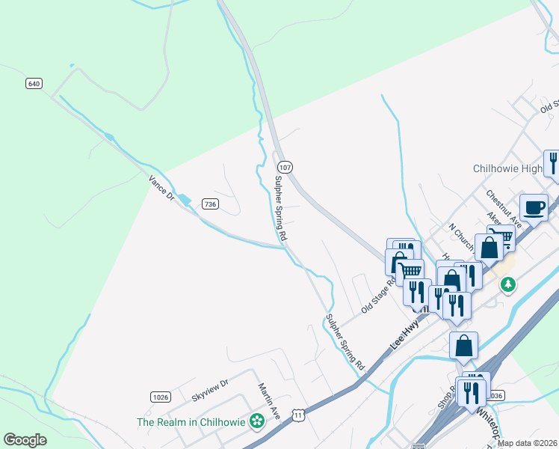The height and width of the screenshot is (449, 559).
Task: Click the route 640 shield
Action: [33, 83]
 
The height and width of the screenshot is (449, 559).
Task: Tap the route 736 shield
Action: [210, 204]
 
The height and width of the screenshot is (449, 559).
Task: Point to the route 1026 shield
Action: [160, 397]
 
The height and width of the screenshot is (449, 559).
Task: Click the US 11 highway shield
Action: [298, 415]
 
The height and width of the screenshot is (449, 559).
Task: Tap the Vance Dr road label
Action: [161, 187]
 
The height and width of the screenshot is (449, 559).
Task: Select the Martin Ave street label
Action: [268, 401]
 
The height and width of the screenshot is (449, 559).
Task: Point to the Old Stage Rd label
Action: [377, 297]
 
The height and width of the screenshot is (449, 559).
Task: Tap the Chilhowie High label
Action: [507, 168]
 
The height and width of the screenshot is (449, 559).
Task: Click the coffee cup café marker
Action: [534, 207]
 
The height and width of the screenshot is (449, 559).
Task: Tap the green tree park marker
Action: [508, 284]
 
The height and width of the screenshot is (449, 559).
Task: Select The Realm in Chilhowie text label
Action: [191, 422]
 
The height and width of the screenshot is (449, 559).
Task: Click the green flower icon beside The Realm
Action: [257, 421]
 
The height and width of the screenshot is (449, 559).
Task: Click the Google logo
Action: [25, 440]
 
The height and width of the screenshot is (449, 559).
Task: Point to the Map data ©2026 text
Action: [528, 443]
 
